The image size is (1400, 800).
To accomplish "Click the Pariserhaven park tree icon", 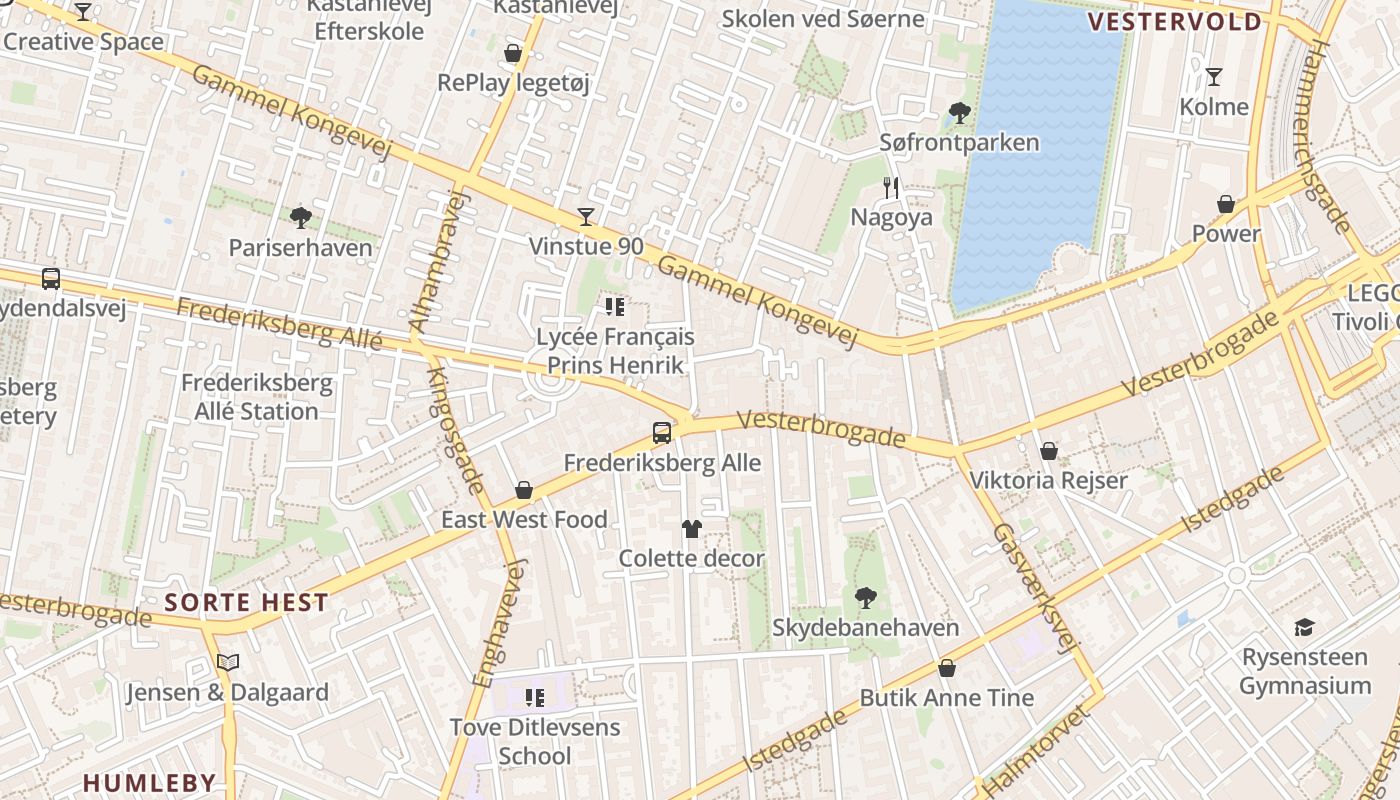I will click(x=300, y=217).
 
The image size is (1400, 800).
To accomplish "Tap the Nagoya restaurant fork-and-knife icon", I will click(x=891, y=187).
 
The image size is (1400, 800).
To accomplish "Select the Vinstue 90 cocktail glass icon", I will click(x=586, y=216).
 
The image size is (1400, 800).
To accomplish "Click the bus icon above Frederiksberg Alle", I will click(x=661, y=433).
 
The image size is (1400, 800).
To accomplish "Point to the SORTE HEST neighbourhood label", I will click(x=246, y=602).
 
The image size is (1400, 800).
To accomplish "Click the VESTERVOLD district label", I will click(x=1175, y=22).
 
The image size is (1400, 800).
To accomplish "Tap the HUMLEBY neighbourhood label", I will click(x=149, y=782).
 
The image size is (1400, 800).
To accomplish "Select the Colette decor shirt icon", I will click(x=691, y=528).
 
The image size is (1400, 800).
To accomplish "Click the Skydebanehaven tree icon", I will click(x=865, y=598).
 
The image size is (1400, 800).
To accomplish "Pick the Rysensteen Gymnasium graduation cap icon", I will click(x=1304, y=627).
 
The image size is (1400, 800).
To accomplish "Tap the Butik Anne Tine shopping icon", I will click(x=946, y=668).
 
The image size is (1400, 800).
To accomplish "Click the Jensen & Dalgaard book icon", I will click(x=228, y=662).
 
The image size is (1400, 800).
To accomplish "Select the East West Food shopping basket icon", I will click(x=523, y=490).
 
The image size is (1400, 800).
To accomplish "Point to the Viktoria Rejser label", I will click(x=1048, y=480).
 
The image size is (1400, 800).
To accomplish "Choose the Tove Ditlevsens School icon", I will click(x=534, y=697).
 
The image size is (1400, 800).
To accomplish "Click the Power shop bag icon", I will click(x=1226, y=204).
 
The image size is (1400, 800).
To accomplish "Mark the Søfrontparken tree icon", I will click(x=959, y=113).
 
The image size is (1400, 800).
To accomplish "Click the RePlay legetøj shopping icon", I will click(x=513, y=53).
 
